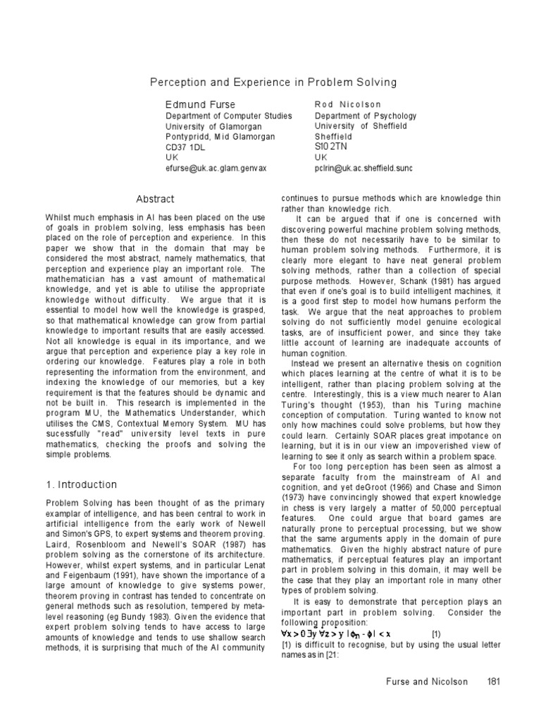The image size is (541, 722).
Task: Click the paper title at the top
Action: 273,82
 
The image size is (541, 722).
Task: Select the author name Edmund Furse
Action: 200,104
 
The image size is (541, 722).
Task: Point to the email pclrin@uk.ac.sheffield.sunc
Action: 363,169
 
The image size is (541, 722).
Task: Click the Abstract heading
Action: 154,199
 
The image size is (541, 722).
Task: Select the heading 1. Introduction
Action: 82,485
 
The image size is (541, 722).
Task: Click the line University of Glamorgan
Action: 209,126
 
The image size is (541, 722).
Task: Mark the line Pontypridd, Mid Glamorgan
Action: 220,137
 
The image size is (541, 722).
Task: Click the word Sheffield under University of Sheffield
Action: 334,137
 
